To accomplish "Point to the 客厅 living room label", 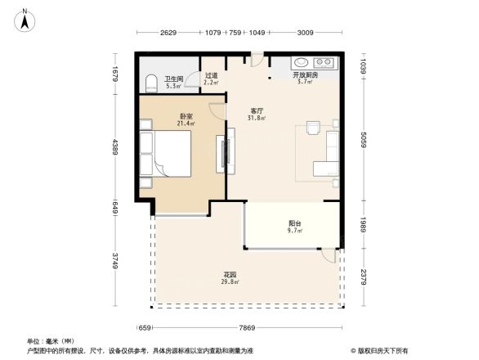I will coord(256,113).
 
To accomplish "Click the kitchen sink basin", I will coord(300,62).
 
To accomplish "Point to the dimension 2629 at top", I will coord(168,33).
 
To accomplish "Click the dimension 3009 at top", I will coord(305,33).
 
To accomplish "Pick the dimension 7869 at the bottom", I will coord(248,329).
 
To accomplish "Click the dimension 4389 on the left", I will coord(116,147).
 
